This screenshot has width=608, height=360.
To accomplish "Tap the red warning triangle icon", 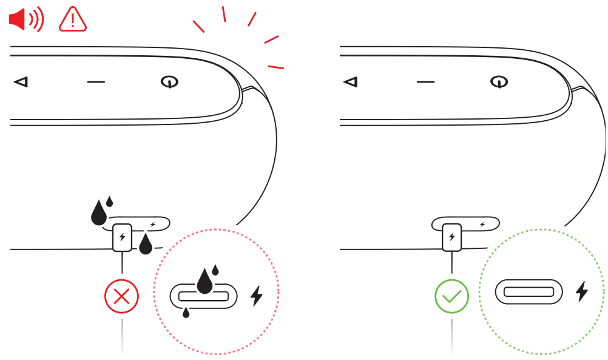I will (x=73, y=20).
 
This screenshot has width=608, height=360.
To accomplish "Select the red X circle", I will (x=122, y=297).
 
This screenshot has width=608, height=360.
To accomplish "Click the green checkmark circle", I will (x=451, y=297).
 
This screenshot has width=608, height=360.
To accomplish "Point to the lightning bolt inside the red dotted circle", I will (x=258, y=296).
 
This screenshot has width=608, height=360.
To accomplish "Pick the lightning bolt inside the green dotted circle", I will (x=582, y=292).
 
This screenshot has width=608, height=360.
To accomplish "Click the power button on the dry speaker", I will (x=498, y=81).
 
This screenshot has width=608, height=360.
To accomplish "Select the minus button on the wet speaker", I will (x=96, y=81).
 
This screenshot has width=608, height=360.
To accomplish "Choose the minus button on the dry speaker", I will (x=425, y=81).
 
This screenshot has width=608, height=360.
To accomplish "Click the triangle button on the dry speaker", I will (x=350, y=81).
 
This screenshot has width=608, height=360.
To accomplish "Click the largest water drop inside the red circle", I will (x=205, y=281).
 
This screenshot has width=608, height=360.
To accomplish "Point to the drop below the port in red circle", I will (x=186, y=313).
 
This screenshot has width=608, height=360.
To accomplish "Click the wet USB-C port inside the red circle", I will (x=203, y=296).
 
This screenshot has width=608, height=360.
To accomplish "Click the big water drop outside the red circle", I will (x=98, y=212).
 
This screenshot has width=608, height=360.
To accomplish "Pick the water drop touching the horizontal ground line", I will (x=145, y=245).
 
